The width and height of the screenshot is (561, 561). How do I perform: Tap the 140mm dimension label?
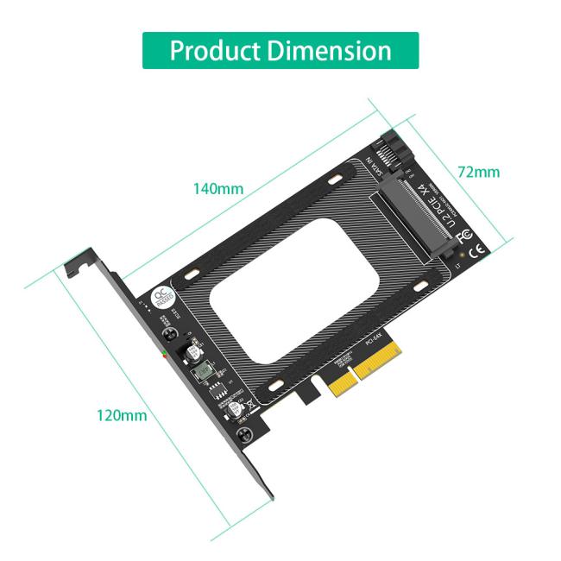tap(218, 188)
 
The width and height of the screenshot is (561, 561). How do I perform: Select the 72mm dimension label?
tap(478, 172)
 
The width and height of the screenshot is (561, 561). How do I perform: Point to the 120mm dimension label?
tap(121, 415)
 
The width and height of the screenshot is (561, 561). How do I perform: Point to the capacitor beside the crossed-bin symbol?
tap(233, 413)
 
